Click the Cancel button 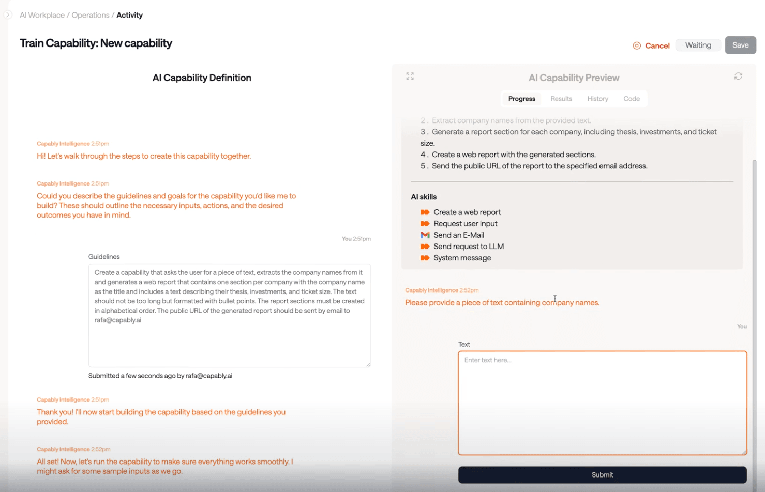click(651, 45)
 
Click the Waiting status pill click(698, 45)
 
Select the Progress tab click(521, 99)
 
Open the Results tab click(561, 99)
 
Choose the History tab click(597, 99)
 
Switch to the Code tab click(631, 99)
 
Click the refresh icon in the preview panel click(738, 76)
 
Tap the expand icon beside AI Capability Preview click(410, 76)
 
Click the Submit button click(602, 474)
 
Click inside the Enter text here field click(602, 403)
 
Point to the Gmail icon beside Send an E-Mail click(425, 235)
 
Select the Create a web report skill click(467, 212)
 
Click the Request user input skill click(465, 224)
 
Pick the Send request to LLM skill click(468, 247)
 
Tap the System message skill click(462, 258)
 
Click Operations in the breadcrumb click(91, 15)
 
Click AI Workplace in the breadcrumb click(42, 15)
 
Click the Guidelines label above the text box click(104, 257)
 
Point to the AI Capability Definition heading click(202, 78)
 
